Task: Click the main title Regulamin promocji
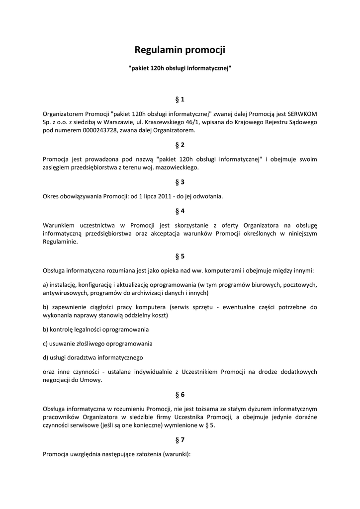point(180,50)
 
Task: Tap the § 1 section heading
point(180,99)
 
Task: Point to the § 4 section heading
point(180,211)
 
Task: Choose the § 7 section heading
point(180,440)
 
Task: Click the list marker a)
point(46,285)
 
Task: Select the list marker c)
point(46,343)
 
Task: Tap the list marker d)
point(46,357)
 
